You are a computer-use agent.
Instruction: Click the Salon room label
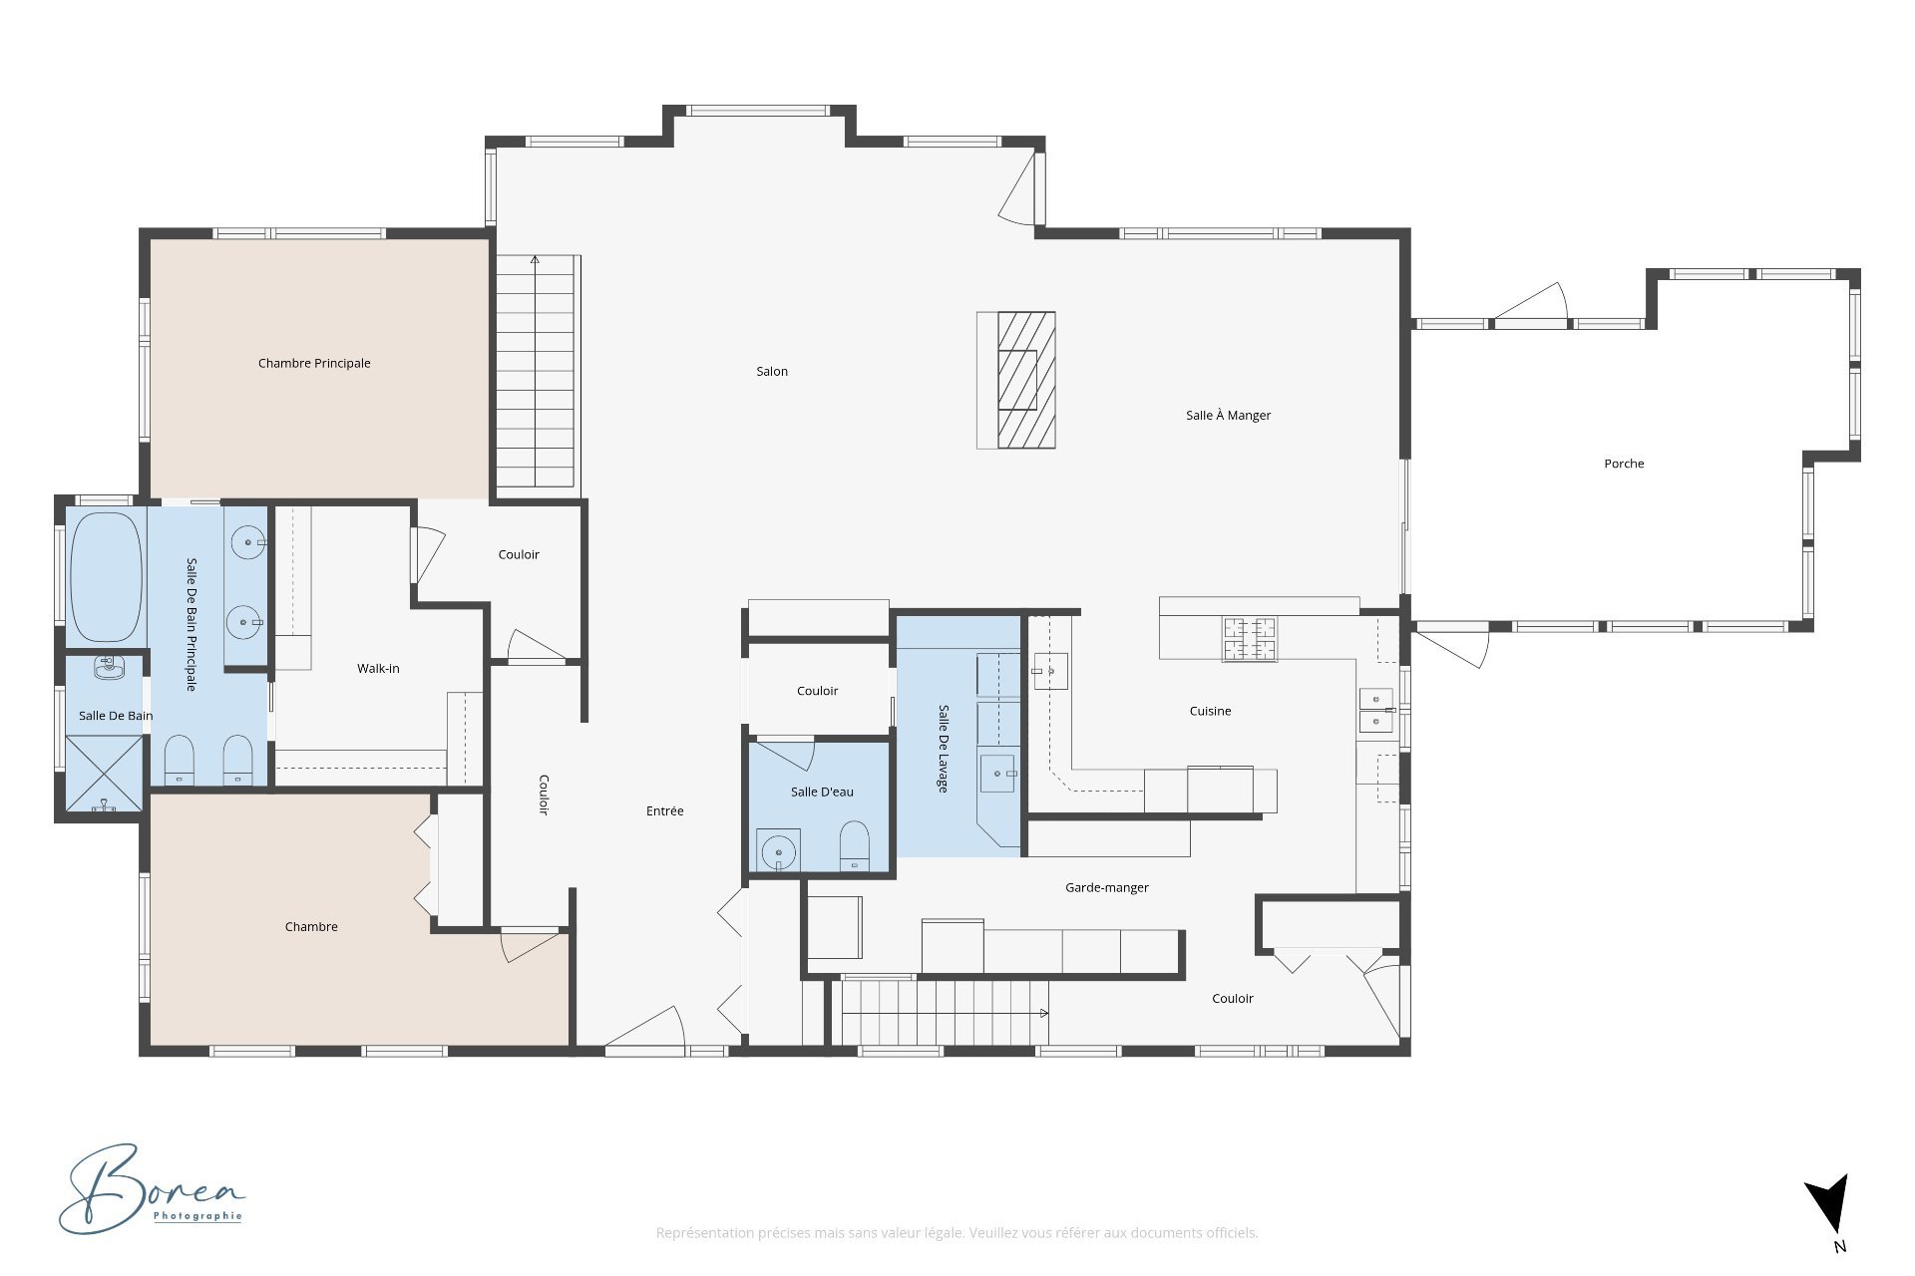(772, 372)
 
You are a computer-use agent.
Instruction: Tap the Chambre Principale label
(314, 364)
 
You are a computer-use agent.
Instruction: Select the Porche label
(1624, 464)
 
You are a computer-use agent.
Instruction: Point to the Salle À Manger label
(1228, 415)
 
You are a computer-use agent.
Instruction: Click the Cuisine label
(1210, 711)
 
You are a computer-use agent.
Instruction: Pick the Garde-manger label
(1107, 887)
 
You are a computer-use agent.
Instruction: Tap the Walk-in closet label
(378, 669)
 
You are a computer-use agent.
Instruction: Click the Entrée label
(665, 811)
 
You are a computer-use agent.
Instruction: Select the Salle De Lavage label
(943, 749)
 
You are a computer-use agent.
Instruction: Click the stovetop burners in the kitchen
(1250, 639)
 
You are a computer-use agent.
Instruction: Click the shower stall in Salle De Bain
(105, 774)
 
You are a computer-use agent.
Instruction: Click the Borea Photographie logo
(152, 1189)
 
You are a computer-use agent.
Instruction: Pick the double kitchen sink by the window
(1375, 710)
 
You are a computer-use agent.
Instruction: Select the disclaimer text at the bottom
(957, 1233)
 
